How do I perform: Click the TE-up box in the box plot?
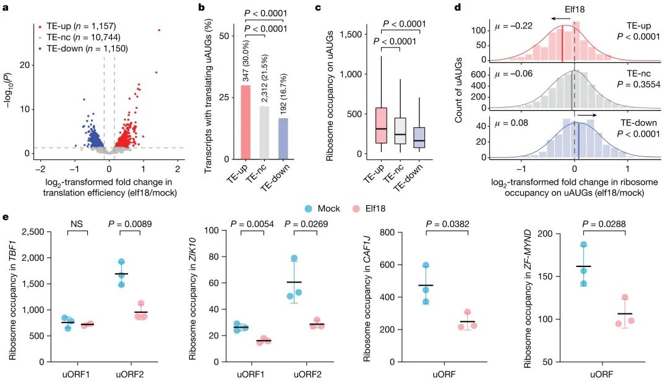pyautogui.click(x=381, y=125)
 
